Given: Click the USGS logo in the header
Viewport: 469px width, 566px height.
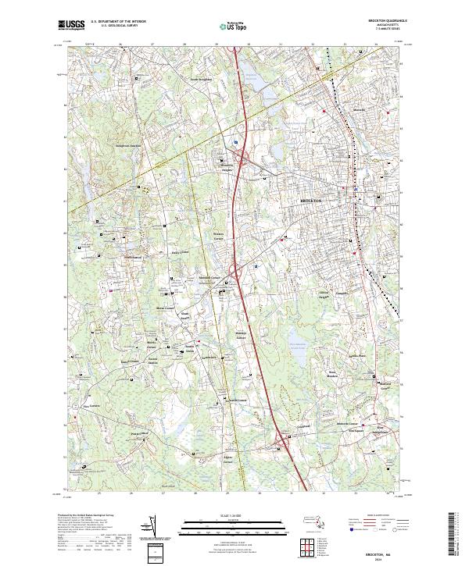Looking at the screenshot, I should (71, 25).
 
